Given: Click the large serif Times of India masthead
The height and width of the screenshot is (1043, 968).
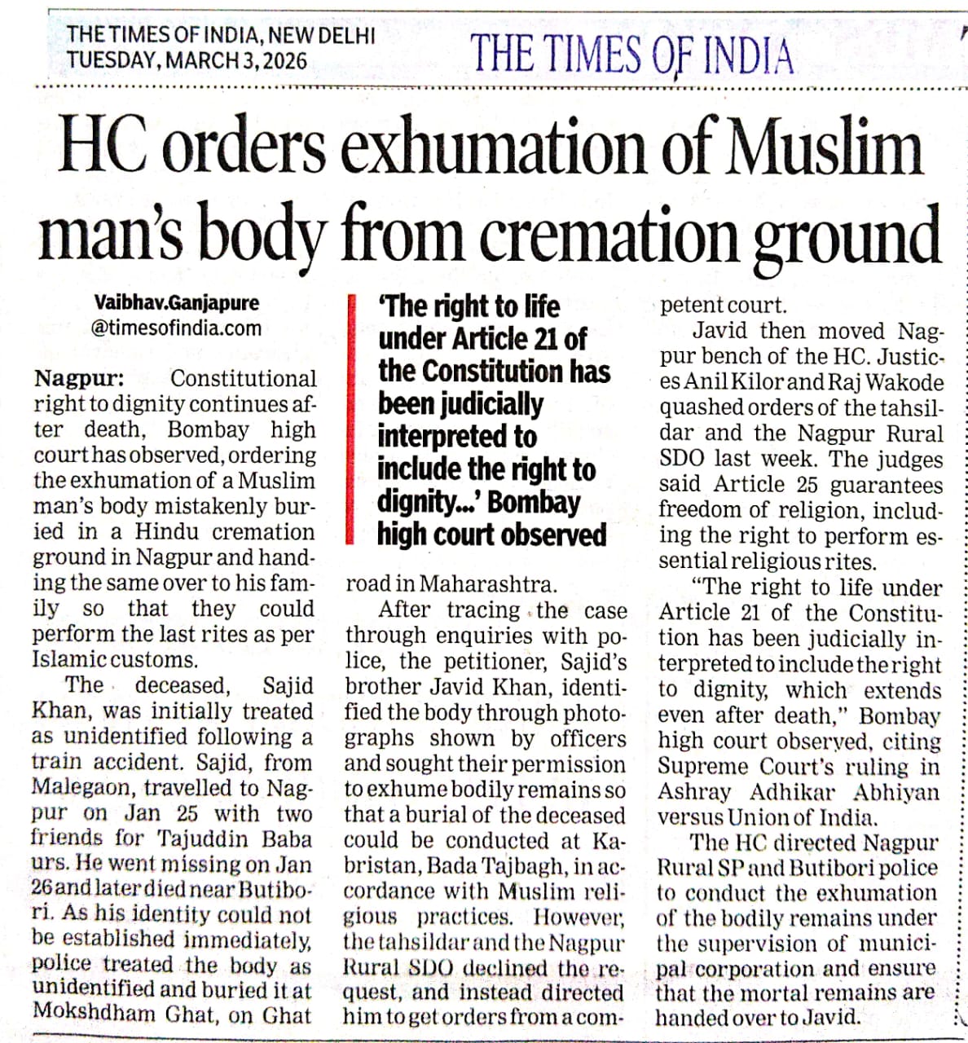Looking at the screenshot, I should (x=631, y=55).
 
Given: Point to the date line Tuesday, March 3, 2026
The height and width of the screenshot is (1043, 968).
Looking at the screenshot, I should (x=187, y=60).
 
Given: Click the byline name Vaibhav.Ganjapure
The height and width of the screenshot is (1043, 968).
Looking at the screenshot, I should (x=176, y=302).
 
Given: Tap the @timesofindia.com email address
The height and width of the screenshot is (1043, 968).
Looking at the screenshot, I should (x=176, y=328).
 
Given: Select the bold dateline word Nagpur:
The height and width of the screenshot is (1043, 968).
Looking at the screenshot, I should (x=79, y=379).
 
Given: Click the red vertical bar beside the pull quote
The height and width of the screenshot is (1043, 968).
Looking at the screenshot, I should (x=350, y=419).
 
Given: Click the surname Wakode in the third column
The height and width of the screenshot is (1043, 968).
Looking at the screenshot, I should (x=905, y=382).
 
